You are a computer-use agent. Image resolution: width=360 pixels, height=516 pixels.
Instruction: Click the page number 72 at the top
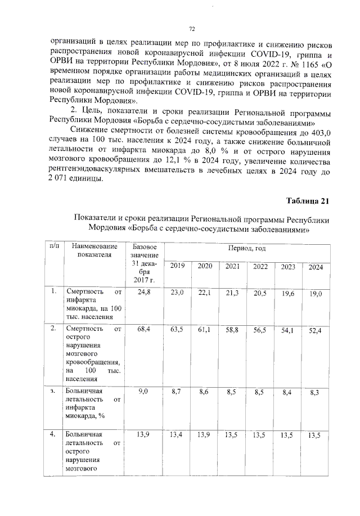[191, 29]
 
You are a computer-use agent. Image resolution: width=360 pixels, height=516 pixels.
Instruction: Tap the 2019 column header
[177, 266]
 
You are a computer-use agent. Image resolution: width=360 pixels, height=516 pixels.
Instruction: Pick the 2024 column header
[316, 267]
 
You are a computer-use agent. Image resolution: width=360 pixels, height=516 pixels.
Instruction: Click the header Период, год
[246, 248]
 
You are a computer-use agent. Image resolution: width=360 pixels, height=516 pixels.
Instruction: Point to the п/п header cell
[53, 246]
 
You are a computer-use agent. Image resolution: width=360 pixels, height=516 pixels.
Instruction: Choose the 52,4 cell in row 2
[316, 331]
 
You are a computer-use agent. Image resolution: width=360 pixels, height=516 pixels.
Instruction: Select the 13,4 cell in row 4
[177, 435]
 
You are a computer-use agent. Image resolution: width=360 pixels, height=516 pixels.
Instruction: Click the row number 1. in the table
[53, 291]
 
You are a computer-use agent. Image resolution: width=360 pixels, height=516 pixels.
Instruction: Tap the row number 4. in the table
[53, 434]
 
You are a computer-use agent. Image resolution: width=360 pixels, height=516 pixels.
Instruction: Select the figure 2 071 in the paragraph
[64, 179]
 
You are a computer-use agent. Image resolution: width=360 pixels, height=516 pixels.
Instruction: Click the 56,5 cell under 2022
[260, 330]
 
